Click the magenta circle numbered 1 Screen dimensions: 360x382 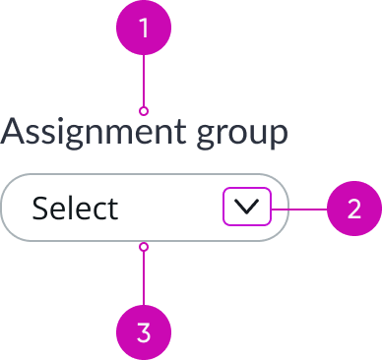click(x=145, y=27)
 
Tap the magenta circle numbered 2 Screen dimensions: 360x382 click(x=353, y=209)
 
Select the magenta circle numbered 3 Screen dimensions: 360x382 click(x=145, y=331)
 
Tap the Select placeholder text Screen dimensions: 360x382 click(x=75, y=209)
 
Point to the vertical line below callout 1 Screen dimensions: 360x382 click(x=145, y=79)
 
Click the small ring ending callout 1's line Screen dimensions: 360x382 click(x=145, y=110)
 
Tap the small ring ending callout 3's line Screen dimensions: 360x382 click(x=145, y=246)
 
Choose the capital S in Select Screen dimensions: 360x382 click(x=41, y=209)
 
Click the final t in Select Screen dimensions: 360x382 click(x=112, y=209)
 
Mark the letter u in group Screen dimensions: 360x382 click(x=257, y=135)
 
